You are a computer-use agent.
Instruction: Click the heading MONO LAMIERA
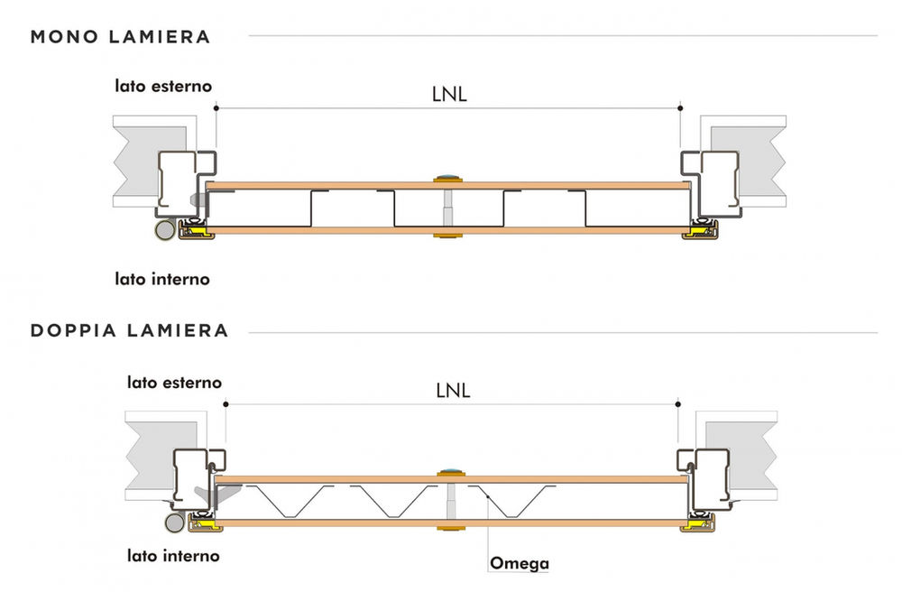(x=120, y=37)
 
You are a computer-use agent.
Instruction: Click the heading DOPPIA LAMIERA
(x=129, y=331)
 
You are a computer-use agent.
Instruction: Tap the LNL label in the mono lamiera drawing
(x=449, y=95)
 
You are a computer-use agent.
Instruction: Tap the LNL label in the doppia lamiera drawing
(x=454, y=391)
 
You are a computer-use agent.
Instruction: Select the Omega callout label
(x=520, y=562)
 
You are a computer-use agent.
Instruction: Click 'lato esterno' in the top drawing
(x=163, y=87)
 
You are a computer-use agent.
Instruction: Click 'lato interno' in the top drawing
(x=162, y=279)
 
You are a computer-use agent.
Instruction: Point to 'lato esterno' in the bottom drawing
(x=174, y=383)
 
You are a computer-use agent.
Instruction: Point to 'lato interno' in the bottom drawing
(x=173, y=556)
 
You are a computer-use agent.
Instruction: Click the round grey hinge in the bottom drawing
(x=174, y=523)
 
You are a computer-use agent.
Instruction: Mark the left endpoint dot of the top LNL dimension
(x=216, y=108)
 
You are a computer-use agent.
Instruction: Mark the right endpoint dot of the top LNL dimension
(x=680, y=108)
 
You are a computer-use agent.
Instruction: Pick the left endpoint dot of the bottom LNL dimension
(x=225, y=404)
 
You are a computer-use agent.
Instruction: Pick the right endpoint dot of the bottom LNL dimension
(x=678, y=404)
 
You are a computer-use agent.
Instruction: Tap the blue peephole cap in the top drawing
(x=448, y=176)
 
